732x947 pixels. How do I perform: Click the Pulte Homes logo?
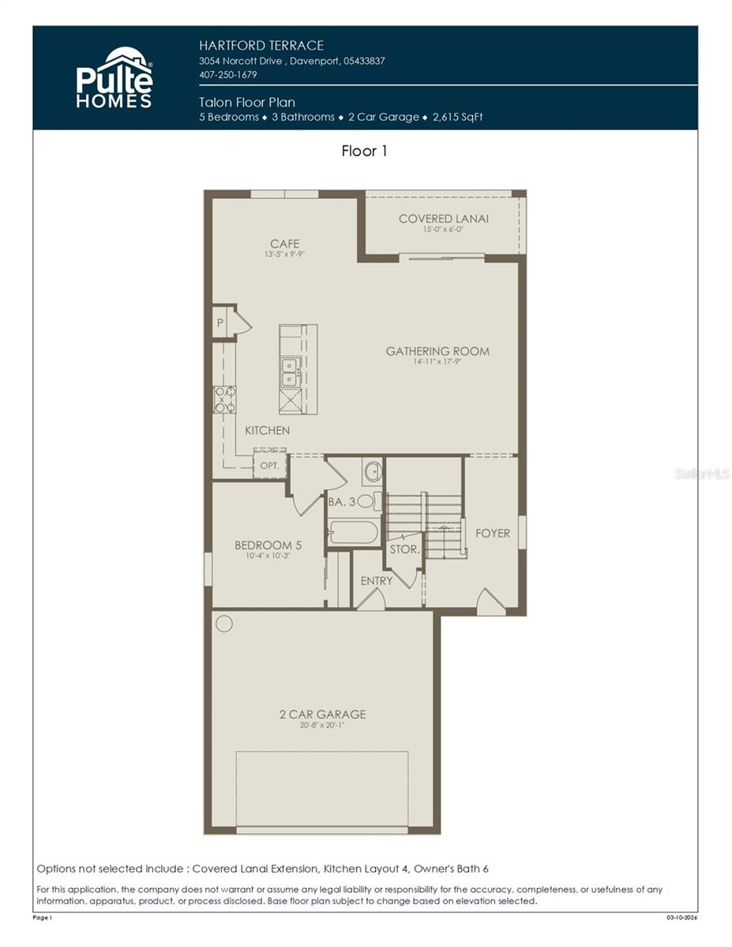tap(114, 77)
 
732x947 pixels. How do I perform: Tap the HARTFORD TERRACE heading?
tap(261, 46)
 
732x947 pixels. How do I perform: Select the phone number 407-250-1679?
tap(228, 75)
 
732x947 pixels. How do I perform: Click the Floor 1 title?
tap(364, 151)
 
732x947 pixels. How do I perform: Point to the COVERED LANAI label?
tap(443, 219)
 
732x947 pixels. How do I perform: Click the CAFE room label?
tap(284, 244)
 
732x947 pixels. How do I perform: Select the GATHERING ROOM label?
tap(437, 351)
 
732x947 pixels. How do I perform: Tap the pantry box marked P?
tap(220, 323)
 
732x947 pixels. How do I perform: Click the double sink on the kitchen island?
tap(290, 372)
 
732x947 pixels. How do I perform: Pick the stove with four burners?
tap(224, 399)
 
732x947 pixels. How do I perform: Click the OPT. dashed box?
tap(268, 465)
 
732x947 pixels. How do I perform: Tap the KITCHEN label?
tap(267, 430)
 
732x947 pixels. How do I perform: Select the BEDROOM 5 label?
tap(268, 545)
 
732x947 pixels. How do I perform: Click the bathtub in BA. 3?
tap(353, 532)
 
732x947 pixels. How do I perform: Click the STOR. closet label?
tap(404, 548)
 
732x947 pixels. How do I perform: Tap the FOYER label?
tap(492, 533)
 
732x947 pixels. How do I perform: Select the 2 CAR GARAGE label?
tap(322, 714)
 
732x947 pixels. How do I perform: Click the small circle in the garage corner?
tap(224, 623)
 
